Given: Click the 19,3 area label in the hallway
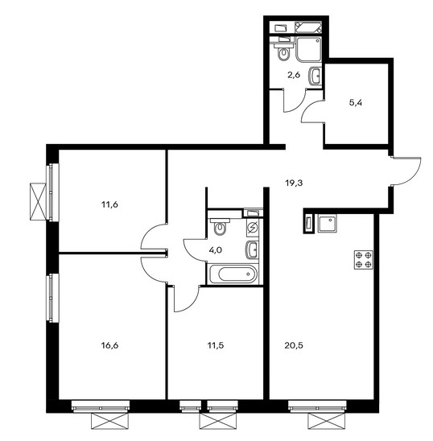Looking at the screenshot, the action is [x=294, y=183].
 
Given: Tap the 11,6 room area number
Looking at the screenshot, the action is [x=109, y=204].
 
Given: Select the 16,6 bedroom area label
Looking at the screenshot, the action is [x=109, y=345].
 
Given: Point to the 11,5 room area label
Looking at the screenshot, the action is [x=216, y=345].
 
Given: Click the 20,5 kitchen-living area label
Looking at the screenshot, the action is [x=294, y=345].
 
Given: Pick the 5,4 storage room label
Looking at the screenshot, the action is [x=356, y=103].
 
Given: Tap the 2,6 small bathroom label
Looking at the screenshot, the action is [x=294, y=75].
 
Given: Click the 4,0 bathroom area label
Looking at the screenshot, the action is [x=216, y=249].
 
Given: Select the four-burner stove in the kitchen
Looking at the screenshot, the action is [x=364, y=260].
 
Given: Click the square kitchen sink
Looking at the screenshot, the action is [x=328, y=223].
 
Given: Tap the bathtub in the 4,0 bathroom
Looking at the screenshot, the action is [x=233, y=274].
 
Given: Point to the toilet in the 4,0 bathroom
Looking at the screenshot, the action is [x=220, y=226].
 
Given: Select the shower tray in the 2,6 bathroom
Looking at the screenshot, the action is [x=309, y=49].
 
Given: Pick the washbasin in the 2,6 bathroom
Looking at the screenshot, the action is [x=315, y=76].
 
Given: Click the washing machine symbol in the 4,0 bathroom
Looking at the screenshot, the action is [x=253, y=227].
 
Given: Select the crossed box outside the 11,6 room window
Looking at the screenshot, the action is [x=38, y=202].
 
